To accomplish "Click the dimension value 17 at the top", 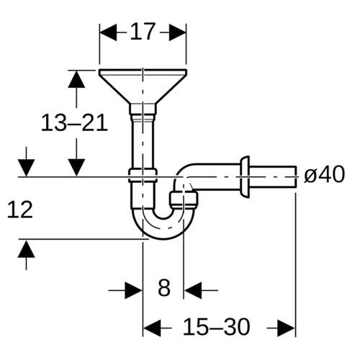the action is tap(142, 32).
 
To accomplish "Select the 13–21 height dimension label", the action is tap(74, 123).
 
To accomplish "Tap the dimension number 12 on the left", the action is tap(19, 210).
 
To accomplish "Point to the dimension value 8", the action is tap(164, 287).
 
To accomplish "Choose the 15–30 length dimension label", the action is tap(216, 327).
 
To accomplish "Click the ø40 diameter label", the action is tap(324, 174).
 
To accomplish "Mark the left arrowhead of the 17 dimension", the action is tap(108, 32).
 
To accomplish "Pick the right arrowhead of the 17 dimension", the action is tap(178, 32).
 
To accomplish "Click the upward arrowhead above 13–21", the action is tap(76, 79).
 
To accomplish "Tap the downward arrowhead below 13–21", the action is tap(76, 168).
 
